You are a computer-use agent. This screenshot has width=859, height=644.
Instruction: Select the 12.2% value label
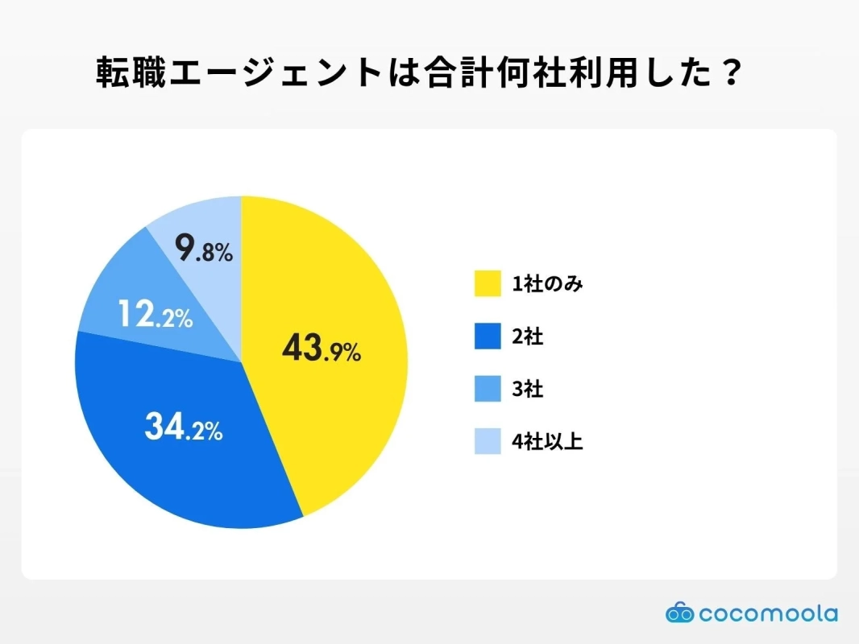point(155,315)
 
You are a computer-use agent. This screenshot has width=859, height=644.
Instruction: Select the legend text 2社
point(528,336)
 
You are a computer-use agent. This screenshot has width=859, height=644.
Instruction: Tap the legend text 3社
point(528,389)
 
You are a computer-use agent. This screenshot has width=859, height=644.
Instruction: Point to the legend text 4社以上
point(547,441)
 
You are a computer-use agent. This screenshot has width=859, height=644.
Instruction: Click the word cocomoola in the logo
point(768,613)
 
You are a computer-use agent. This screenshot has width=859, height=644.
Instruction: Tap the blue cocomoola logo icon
point(679,613)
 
